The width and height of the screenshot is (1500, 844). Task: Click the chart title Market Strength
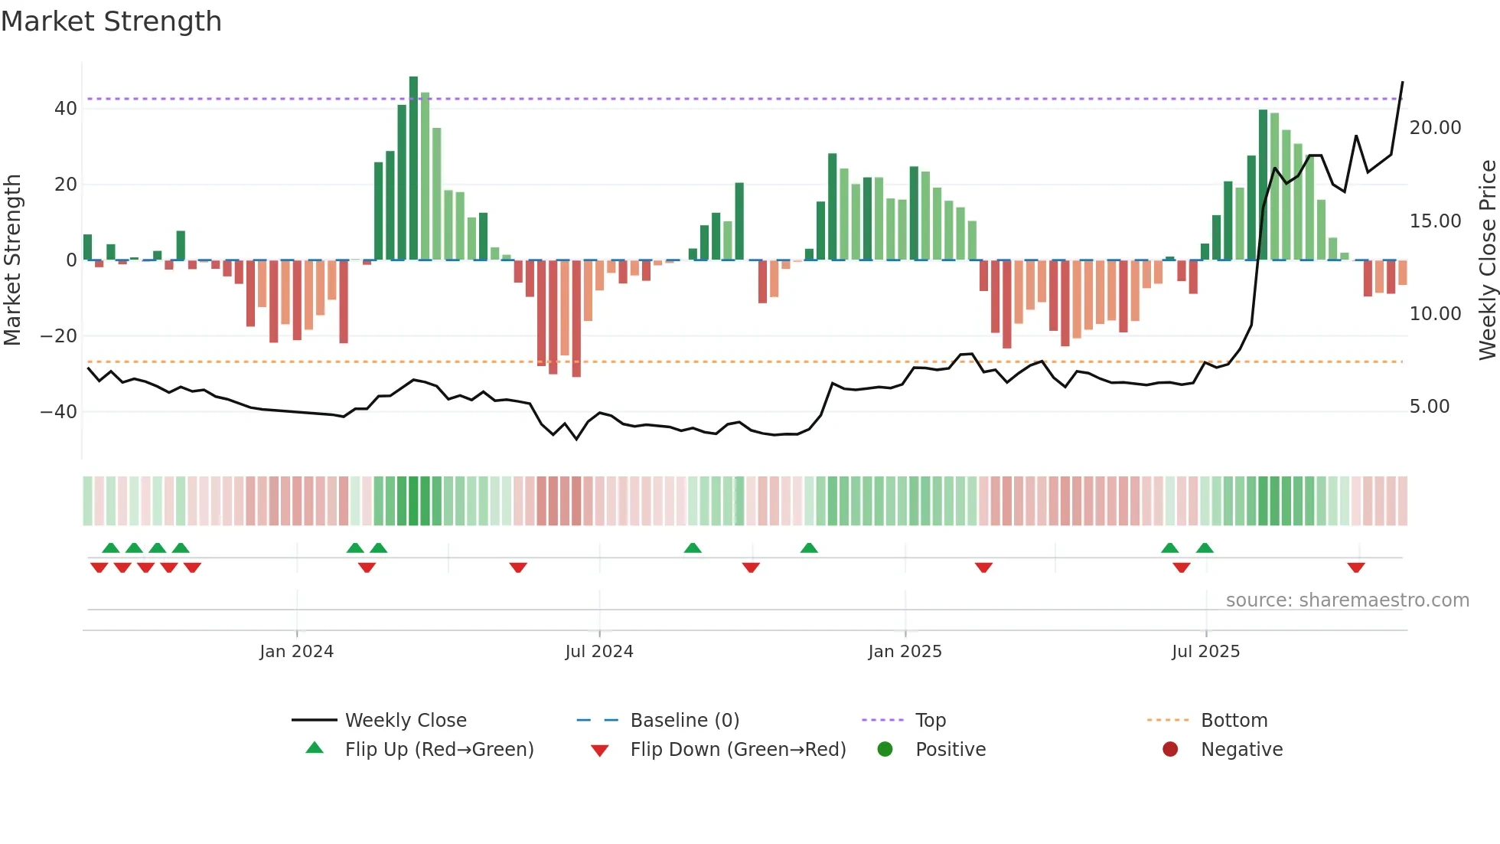click(111, 21)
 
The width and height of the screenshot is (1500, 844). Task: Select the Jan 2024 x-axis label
click(296, 652)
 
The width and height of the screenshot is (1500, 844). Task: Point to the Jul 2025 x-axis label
click(1205, 652)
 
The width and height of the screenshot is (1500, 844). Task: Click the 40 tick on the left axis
click(66, 109)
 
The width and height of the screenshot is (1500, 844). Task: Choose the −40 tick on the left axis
click(60, 412)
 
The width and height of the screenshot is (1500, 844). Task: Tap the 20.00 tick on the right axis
click(1435, 128)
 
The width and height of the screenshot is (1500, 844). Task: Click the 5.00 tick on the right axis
click(1429, 407)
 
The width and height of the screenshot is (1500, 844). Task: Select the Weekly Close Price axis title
click(1487, 260)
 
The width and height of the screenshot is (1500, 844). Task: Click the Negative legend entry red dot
click(1170, 749)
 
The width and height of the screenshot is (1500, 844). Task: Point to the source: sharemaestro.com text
click(1347, 600)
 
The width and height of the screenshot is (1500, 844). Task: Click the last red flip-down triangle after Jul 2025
click(1356, 568)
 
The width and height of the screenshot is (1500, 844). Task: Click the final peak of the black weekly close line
click(1402, 82)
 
